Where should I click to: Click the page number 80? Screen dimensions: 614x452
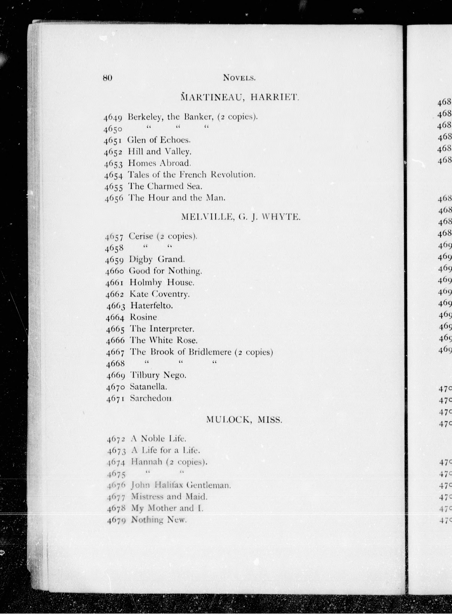(108, 78)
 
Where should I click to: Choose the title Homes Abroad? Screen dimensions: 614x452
(159, 163)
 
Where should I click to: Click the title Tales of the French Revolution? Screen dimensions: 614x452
(191, 175)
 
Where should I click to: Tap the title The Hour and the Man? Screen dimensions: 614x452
(177, 198)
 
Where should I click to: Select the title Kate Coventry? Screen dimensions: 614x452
(160, 294)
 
